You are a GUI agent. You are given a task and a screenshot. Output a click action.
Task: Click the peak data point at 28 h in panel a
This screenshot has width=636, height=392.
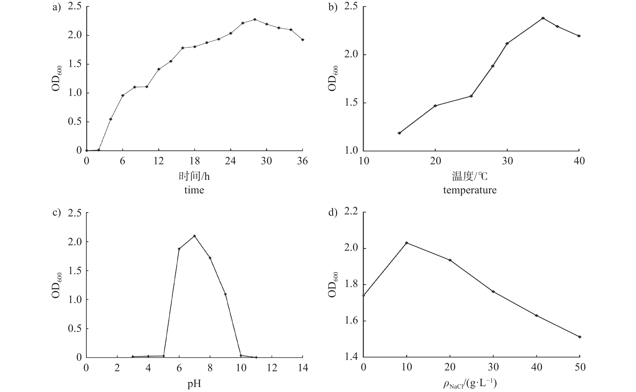coord(255,19)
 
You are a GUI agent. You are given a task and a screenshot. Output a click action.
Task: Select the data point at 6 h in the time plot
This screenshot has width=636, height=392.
coord(123,95)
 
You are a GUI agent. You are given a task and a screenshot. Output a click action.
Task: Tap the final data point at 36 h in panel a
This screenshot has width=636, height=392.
coord(303,40)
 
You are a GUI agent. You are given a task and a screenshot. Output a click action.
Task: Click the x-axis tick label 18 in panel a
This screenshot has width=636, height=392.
coord(194,161)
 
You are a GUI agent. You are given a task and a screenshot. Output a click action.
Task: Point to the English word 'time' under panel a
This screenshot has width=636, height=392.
coord(194,190)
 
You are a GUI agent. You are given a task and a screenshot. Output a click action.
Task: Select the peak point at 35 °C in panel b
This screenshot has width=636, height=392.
coord(543,18)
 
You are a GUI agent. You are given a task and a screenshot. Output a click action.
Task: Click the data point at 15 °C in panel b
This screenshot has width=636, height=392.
coord(399,133)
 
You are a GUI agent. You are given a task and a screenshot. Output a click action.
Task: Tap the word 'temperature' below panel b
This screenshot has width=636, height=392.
coord(470,190)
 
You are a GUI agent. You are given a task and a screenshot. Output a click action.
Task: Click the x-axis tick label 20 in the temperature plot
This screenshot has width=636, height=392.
coord(435,161)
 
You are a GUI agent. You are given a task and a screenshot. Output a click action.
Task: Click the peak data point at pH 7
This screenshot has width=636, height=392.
coord(194,236)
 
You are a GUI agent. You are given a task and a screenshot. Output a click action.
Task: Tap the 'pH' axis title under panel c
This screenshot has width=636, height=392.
coord(194,384)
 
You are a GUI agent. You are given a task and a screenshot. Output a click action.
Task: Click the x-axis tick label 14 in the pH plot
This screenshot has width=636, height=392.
coord(303,368)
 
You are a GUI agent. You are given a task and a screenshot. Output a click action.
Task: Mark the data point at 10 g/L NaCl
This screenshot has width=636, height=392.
coord(407,243)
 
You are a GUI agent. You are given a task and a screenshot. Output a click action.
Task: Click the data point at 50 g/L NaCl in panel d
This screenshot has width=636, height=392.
coord(580,337)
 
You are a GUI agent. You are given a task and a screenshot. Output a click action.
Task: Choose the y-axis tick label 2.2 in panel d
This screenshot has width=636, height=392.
coord(351,212)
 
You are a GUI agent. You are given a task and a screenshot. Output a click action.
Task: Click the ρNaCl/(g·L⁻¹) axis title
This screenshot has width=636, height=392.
coord(470,384)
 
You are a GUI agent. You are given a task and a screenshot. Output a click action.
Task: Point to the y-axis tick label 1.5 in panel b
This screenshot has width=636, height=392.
coord(351,103)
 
